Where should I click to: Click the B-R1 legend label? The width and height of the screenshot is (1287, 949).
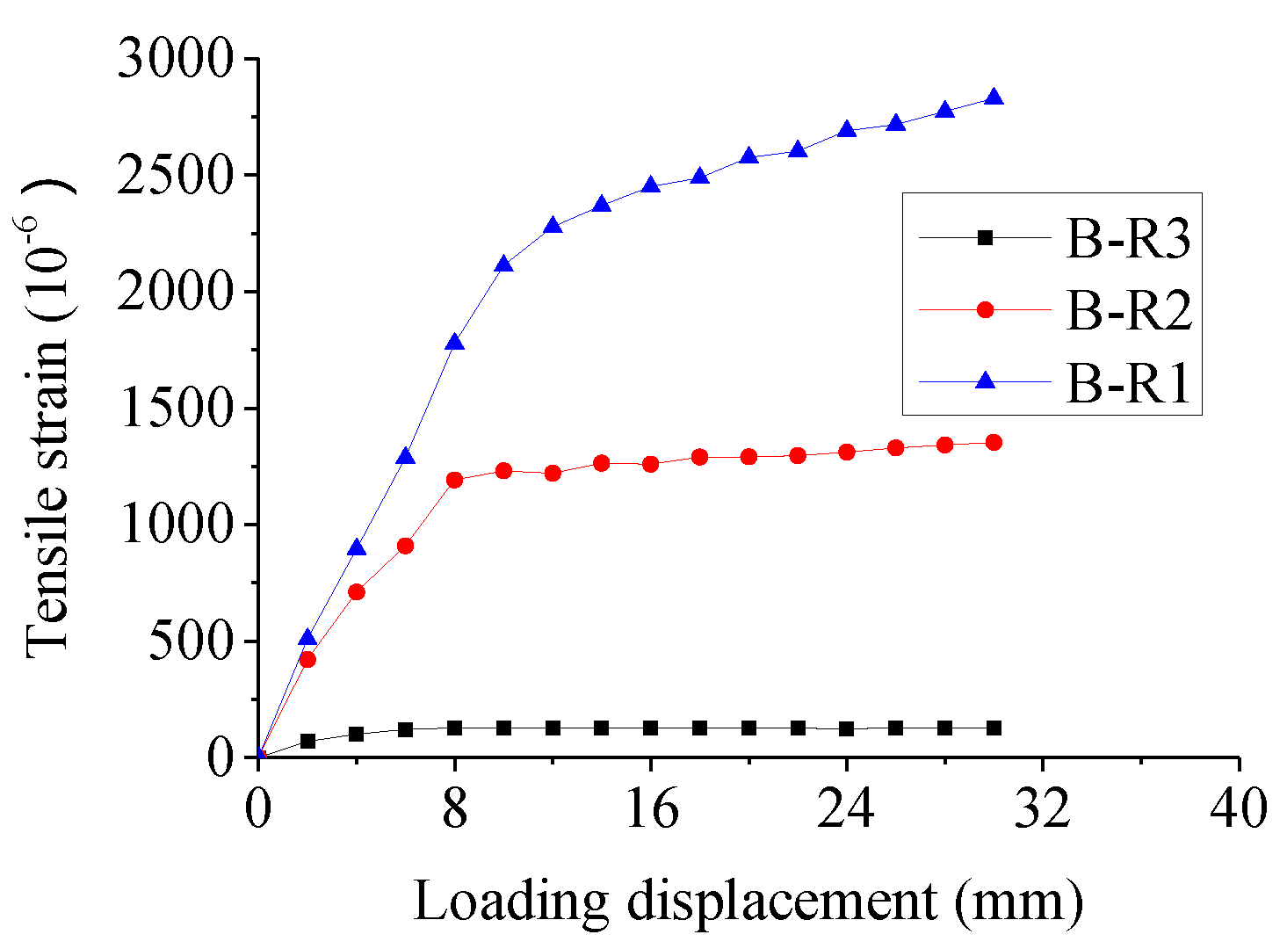tap(1129, 384)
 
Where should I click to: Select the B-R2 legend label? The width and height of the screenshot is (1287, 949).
tap(1129, 310)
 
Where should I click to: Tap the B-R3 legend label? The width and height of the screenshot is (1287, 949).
tap(1129, 237)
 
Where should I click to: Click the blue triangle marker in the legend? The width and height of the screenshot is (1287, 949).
tap(986, 380)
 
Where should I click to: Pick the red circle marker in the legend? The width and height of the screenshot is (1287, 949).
tap(986, 309)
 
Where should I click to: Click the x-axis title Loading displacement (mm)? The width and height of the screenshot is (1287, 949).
tap(748, 902)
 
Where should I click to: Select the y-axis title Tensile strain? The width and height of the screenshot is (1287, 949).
tap(48, 413)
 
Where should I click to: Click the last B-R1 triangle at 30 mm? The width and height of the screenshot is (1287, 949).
tap(994, 98)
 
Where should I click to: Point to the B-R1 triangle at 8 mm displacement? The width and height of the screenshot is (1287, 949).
tap(454, 342)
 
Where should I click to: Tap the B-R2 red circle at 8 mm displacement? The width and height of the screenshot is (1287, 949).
tap(454, 480)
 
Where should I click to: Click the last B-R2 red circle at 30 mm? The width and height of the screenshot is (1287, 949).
tap(994, 442)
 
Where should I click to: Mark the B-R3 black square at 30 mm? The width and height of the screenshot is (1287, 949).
tap(994, 728)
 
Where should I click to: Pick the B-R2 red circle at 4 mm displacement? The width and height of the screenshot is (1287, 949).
tap(357, 592)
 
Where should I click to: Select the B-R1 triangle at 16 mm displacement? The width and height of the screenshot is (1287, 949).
tap(651, 185)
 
